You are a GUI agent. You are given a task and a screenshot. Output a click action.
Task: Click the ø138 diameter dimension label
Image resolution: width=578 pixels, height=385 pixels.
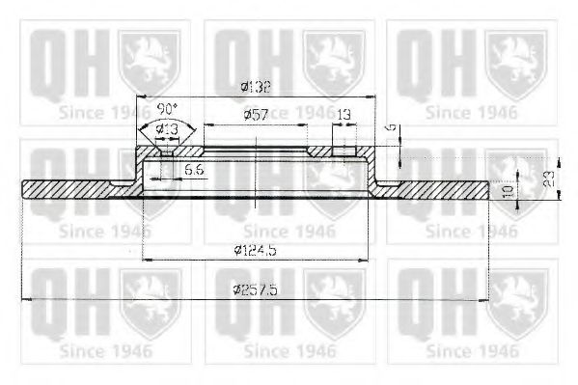pos(255,87)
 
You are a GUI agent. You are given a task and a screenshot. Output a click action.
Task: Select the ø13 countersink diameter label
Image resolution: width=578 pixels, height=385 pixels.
pos(166,128)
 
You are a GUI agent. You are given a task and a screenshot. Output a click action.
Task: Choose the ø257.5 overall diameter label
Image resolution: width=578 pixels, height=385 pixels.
pos(256,291)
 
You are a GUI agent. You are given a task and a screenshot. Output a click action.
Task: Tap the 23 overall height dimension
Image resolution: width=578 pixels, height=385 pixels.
pos(548,179)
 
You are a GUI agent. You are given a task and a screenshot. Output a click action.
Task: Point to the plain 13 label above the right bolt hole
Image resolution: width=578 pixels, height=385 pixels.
pos(343,115)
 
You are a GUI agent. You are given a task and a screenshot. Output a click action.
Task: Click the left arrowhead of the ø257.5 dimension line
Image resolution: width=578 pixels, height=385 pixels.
pos(25,300)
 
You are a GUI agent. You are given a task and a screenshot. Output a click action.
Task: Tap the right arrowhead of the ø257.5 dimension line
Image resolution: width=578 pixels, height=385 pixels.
pos(486,300)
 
